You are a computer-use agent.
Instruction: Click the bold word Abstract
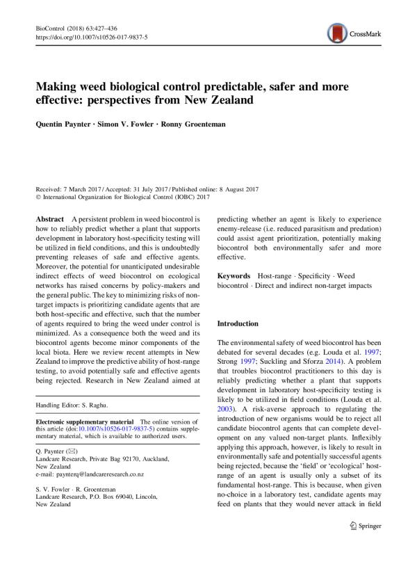point(50,218)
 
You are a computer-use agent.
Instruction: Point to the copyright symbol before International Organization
point(38,198)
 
